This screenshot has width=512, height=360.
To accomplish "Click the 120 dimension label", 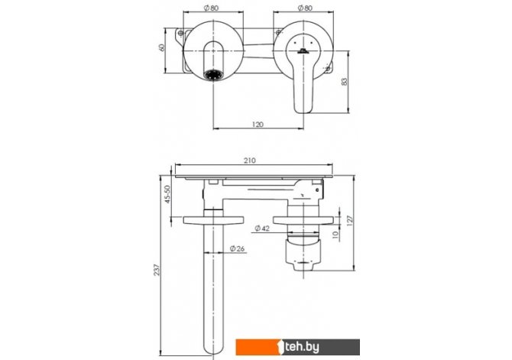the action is (258, 125).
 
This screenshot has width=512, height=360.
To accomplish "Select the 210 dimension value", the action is (250, 161).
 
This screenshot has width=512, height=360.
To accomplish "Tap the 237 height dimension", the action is (157, 270).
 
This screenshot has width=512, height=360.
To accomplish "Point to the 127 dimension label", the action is (350, 221).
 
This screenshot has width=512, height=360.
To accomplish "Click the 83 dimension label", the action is (345, 82).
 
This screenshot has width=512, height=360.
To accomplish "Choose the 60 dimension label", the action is (161, 47).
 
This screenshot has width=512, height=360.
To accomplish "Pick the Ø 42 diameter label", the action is (262, 229).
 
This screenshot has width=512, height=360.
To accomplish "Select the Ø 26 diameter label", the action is (237, 248).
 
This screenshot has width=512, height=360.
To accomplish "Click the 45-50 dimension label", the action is (167, 194).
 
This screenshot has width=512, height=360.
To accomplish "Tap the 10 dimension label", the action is (335, 235).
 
